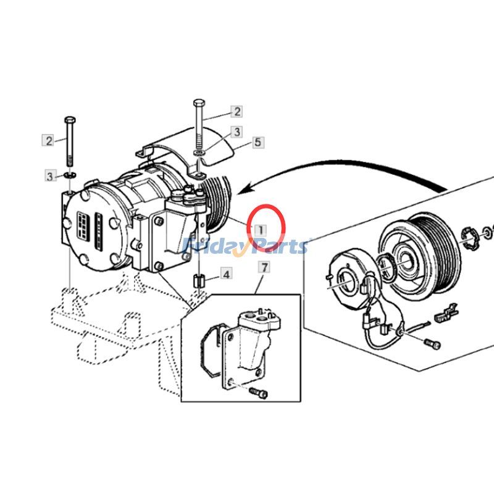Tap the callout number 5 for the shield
pyautogui.click(x=258, y=143)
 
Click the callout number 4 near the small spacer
pyautogui.click(x=209, y=274)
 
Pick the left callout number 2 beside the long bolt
pyautogui.click(x=48, y=140)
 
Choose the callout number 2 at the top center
pyautogui.click(x=237, y=112)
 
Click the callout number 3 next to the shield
pyautogui.click(x=237, y=132)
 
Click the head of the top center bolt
pyautogui.click(x=198, y=102)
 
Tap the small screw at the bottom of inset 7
pyautogui.click(x=257, y=391)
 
